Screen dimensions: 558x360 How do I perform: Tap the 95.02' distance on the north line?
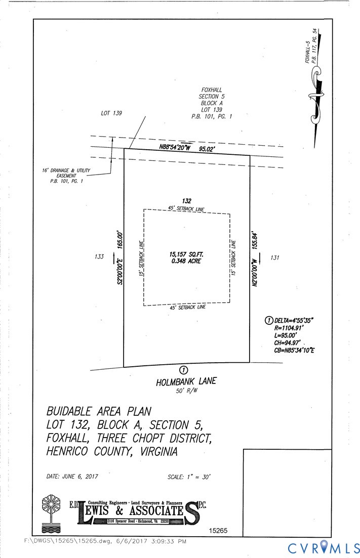[207, 149]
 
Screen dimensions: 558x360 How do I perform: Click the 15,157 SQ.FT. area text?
[187, 254]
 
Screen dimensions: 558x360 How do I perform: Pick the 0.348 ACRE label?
[187, 262]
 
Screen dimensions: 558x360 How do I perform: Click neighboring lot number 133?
[99, 257]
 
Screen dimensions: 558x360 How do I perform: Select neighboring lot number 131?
[275, 257]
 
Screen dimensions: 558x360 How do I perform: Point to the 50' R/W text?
[186, 391]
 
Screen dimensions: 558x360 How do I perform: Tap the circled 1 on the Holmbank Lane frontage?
[184, 370]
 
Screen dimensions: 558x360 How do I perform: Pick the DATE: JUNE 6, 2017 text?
[72, 477]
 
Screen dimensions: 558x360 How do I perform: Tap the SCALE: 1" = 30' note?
[188, 477]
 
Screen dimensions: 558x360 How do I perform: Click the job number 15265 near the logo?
[219, 531]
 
